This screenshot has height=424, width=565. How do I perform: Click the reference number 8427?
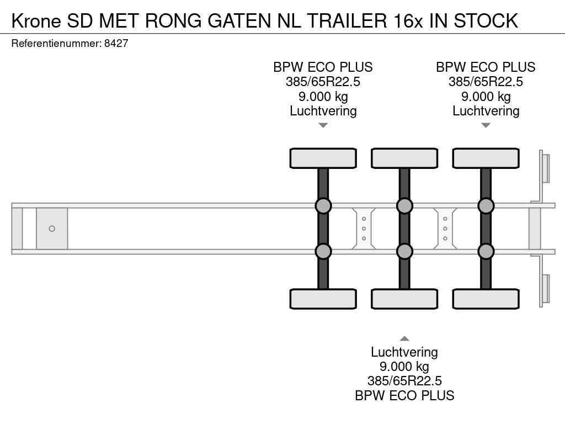click(x=116, y=43)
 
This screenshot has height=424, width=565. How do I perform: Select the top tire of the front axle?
click(x=323, y=158)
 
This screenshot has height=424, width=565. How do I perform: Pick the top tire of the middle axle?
click(x=404, y=158)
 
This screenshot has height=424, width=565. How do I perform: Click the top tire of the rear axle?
click(x=486, y=158)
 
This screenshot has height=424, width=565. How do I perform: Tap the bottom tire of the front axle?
click(x=323, y=299)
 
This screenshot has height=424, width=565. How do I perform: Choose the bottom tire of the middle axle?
click(x=404, y=299)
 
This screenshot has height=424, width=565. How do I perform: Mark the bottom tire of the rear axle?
click(x=486, y=299)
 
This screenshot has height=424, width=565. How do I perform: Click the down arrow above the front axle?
click(x=323, y=125)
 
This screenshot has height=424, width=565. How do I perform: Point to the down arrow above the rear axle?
click(x=486, y=125)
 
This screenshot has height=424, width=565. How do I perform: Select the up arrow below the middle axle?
click(x=404, y=338)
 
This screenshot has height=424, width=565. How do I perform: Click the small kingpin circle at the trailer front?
click(x=52, y=229)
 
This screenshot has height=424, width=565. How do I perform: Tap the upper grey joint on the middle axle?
click(x=404, y=206)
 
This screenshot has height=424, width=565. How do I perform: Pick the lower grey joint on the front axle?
click(x=323, y=251)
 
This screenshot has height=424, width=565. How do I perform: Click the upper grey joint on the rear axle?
click(x=486, y=206)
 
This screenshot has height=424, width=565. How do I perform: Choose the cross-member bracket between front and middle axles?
click(x=364, y=229)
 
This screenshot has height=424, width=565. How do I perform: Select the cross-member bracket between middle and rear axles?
click(x=445, y=229)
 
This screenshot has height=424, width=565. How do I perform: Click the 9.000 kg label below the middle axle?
click(x=404, y=367)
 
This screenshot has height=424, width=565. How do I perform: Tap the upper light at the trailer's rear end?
click(x=546, y=168)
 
